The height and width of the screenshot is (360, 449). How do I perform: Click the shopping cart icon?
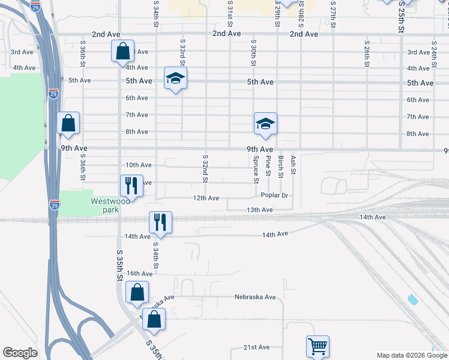click(x=318, y=346)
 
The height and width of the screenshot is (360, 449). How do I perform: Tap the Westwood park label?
click(x=106, y=205)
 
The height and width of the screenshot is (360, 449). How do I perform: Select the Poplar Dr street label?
click(x=275, y=196)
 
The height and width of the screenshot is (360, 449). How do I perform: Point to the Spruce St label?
click(x=256, y=169)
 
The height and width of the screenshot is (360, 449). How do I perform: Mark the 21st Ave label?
click(x=256, y=347)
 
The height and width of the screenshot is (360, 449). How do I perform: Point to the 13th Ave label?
click(x=260, y=210)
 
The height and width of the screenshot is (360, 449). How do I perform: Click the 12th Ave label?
click(x=206, y=198)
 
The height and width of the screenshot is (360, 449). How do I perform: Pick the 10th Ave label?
click(x=138, y=165)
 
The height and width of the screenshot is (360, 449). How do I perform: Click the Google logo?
click(x=20, y=353)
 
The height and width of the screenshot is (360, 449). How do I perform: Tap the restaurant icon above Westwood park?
click(x=131, y=185)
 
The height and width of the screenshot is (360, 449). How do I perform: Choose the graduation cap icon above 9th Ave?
click(x=265, y=123)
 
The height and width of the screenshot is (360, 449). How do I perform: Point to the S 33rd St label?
click(x=182, y=53)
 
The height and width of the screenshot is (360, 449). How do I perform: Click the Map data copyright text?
click(x=411, y=355)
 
